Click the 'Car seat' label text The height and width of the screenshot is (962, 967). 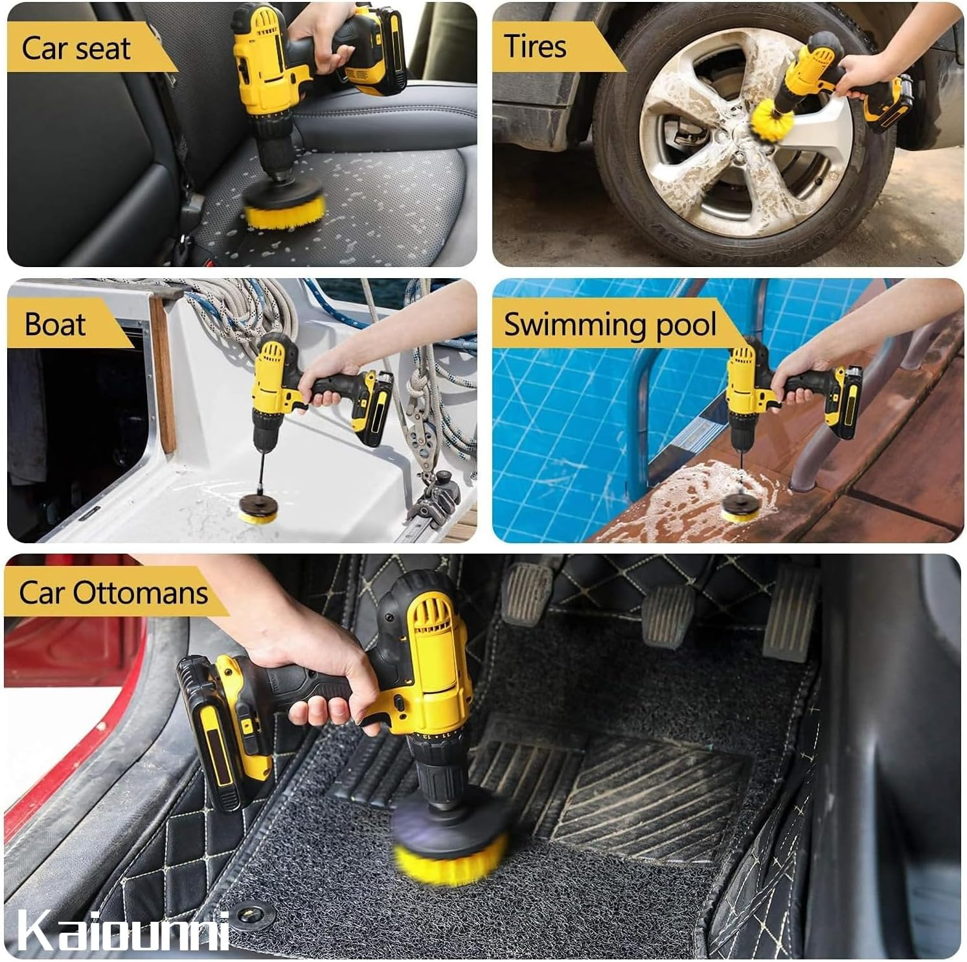pyautogui.click(x=76, y=49)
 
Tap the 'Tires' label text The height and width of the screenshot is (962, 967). pyautogui.click(x=535, y=47)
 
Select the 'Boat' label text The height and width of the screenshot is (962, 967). pyautogui.click(x=55, y=324)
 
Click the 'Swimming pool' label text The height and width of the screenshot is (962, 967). pyautogui.click(x=609, y=324)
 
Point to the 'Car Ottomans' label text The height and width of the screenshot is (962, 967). pyautogui.click(x=113, y=592)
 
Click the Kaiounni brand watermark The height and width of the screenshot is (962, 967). pyautogui.click(x=123, y=932)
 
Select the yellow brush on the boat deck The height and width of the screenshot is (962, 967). pyautogui.click(x=257, y=513)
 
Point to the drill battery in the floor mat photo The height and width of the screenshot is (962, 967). pyautogui.click(x=223, y=733)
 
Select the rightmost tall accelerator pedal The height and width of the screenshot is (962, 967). pyautogui.click(x=790, y=613)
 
